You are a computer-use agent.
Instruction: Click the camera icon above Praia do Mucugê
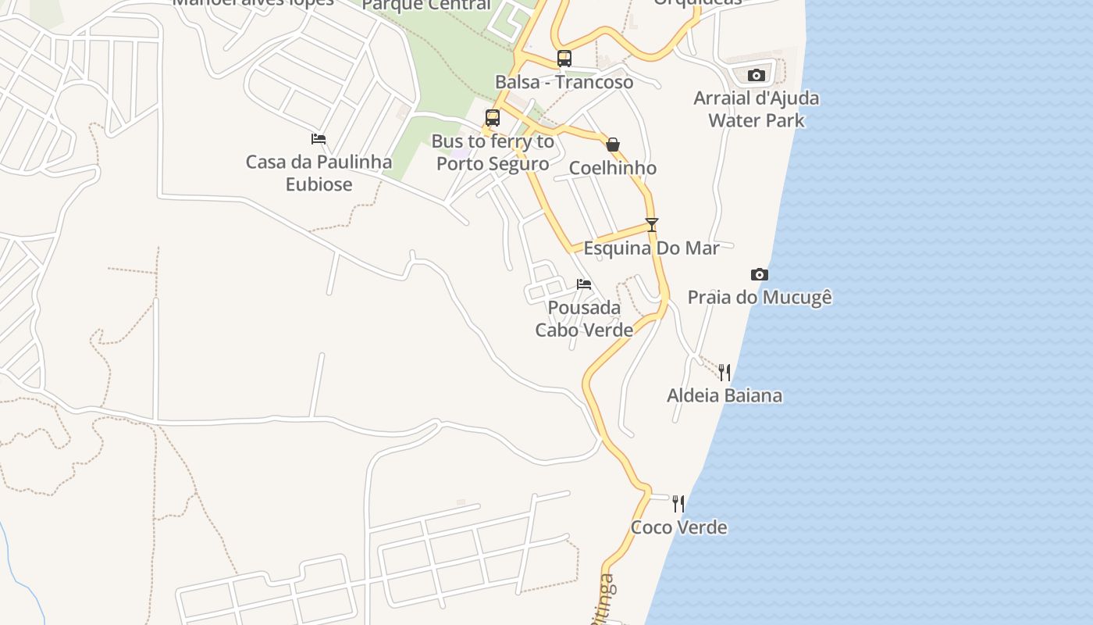(759, 274)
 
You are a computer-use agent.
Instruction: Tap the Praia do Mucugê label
(760, 298)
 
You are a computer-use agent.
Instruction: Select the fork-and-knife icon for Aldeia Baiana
(725, 372)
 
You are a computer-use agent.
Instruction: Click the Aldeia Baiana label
(725, 395)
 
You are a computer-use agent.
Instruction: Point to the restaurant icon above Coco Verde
(678, 504)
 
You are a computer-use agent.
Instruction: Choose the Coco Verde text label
(678, 527)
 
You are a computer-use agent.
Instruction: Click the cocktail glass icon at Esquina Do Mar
(652, 225)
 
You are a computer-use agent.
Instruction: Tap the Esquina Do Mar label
(652, 248)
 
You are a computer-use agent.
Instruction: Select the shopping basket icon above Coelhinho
(613, 145)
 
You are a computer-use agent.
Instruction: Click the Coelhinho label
(613, 168)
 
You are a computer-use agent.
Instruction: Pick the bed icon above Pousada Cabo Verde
(584, 284)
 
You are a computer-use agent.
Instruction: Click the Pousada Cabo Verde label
(584, 319)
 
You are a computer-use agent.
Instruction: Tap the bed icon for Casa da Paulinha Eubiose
(319, 139)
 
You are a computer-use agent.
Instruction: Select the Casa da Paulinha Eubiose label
(319, 173)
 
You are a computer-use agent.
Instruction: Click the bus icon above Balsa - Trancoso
(564, 59)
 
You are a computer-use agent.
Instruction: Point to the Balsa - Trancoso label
(564, 82)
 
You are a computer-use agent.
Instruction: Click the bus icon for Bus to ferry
(493, 118)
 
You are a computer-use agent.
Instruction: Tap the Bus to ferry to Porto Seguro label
(493, 153)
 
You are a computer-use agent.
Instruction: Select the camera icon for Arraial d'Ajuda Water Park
(756, 75)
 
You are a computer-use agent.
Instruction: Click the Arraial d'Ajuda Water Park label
(757, 109)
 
